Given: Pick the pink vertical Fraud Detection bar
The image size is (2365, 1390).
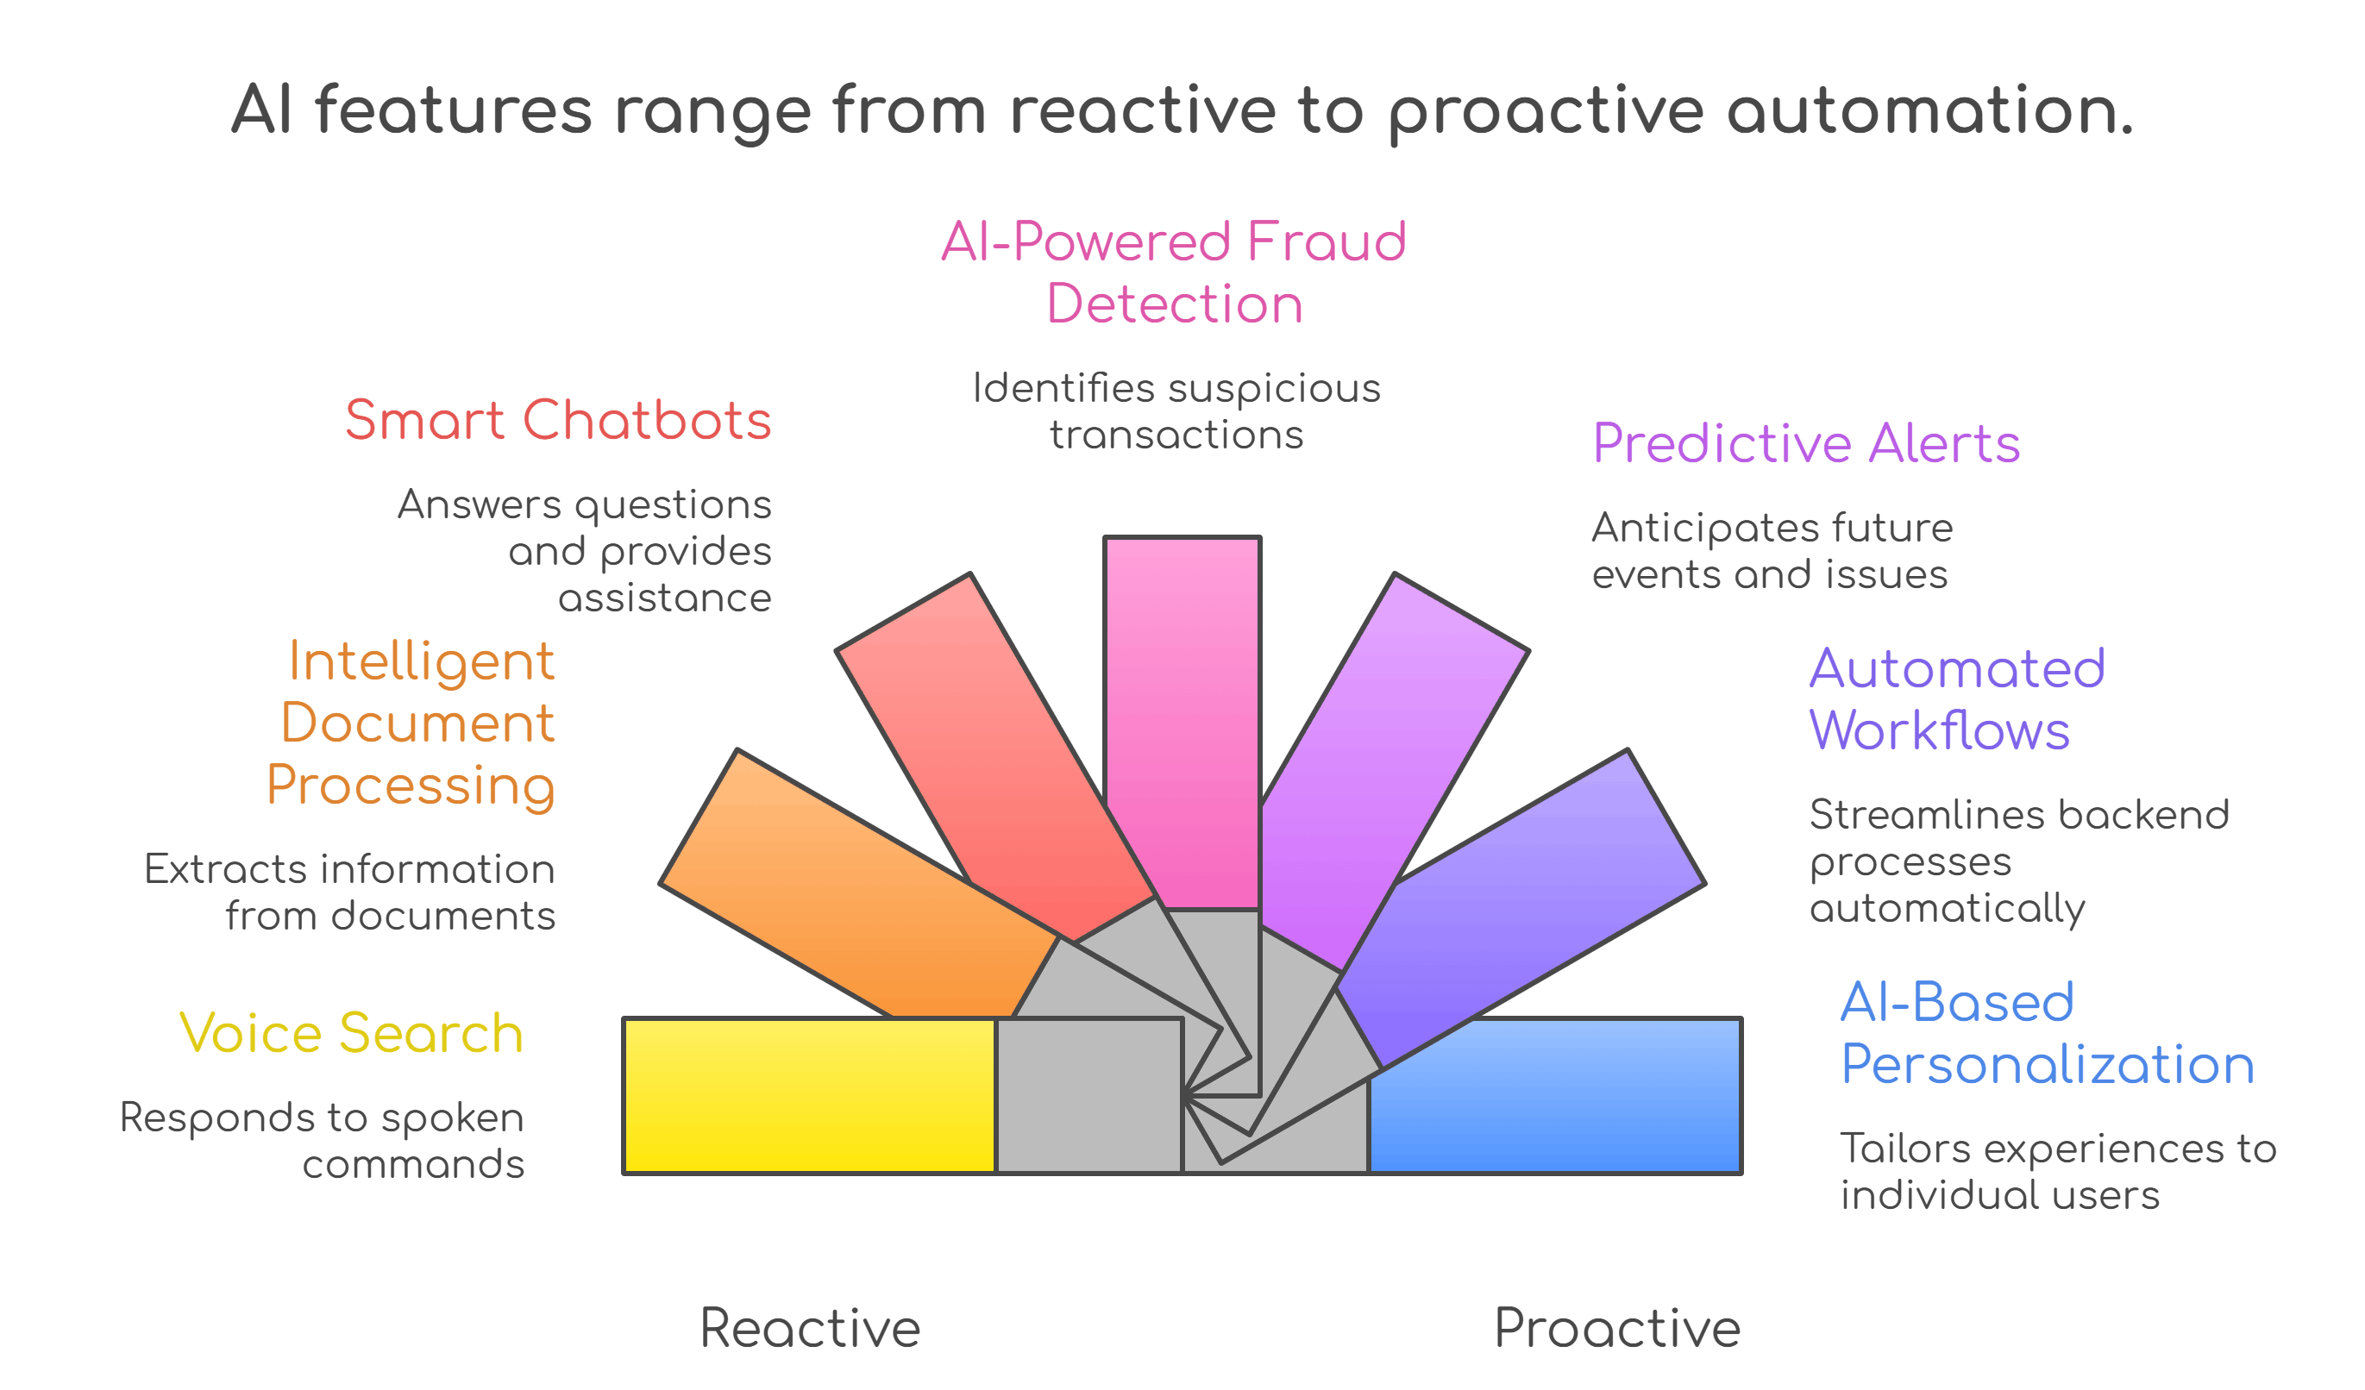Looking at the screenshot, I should coord(1182,713).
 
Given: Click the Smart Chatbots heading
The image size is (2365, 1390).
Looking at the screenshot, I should coord(557,420).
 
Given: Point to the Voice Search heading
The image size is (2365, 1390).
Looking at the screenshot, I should coord(351,1033).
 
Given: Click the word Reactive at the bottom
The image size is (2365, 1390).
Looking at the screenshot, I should coord(810,1328).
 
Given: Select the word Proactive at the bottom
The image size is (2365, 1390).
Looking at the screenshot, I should coord(1617,1328).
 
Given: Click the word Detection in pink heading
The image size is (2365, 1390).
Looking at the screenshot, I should coord(1174,304).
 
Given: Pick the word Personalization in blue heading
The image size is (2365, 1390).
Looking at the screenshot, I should coord(2047,1064).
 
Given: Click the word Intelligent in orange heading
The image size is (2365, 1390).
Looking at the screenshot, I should coord(422,661).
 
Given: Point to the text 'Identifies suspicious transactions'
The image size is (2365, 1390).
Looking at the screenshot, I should coord(1176,411).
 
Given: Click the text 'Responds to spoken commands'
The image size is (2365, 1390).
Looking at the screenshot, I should coord(322,1140).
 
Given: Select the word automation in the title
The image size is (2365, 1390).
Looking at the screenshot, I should coord(1929,110).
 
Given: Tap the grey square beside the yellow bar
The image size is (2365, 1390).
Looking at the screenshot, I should coord(1088,1095).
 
